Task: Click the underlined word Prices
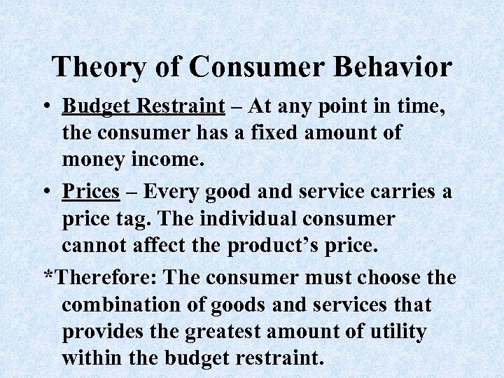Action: pos(90,192)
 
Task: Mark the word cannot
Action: pos(97,246)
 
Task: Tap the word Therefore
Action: pos(101,277)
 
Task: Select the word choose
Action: pos(386,277)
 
